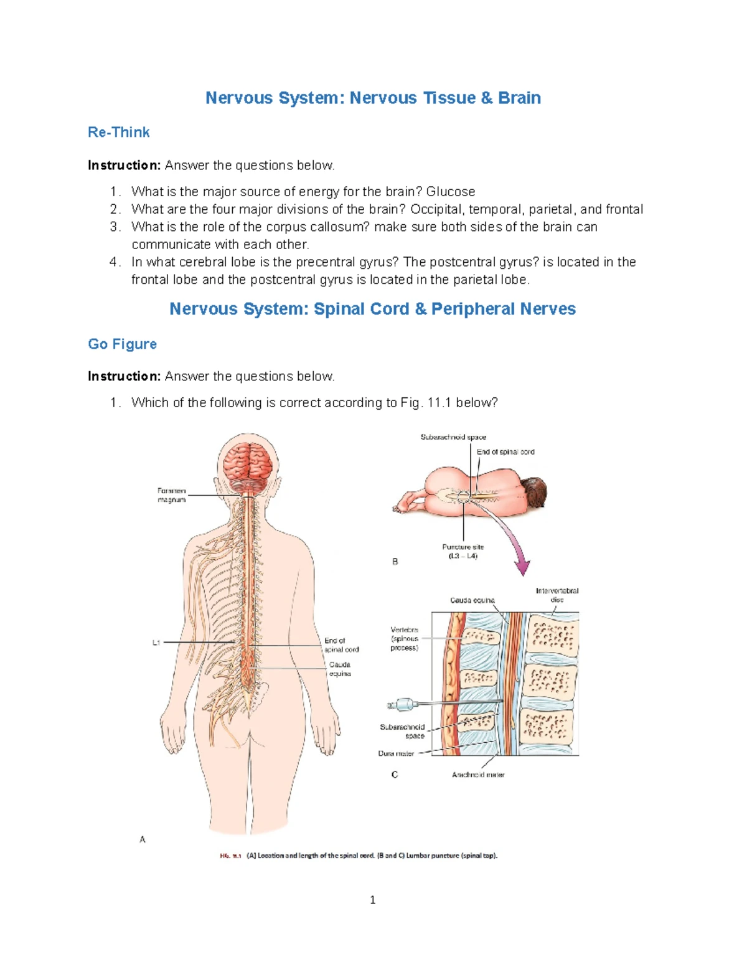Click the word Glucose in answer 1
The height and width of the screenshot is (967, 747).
point(450,192)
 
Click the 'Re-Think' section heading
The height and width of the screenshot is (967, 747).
point(118,132)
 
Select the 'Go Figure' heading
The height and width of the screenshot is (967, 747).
point(122,344)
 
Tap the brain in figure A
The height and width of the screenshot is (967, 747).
point(248,464)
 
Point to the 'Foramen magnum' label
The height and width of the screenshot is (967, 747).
point(171,495)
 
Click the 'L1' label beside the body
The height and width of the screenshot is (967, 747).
point(156,643)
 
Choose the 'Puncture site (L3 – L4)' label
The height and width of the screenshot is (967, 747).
point(463,551)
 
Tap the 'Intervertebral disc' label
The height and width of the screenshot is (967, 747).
point(557,595)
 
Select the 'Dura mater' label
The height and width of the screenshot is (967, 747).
point(396,753)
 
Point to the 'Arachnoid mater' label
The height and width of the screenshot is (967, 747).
point(478,775)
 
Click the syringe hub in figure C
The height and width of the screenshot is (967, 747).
point(403,705)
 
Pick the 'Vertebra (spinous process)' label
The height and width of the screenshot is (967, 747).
point(405,639)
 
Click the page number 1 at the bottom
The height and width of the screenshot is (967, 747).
point(372,900)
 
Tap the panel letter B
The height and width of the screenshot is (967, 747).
point(395,562)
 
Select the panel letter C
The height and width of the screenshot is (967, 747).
point(395,775)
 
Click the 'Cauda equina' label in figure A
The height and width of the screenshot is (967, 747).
point(340,669)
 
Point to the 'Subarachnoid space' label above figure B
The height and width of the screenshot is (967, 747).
point(453,437)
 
